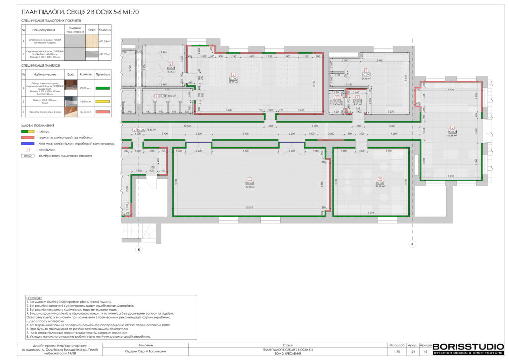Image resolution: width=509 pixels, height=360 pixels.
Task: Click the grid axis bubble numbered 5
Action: click(x=139, y=250)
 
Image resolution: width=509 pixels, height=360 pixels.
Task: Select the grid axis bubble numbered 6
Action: click(x=412, y=244)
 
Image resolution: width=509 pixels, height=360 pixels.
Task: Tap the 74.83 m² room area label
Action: click(x=250, y=187)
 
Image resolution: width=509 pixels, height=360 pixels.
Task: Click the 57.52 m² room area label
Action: click(x=233, y=83)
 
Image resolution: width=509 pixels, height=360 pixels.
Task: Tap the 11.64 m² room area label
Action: click(x=170, y=72)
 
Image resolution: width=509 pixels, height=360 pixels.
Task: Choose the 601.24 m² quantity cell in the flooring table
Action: click(x=105, y=42)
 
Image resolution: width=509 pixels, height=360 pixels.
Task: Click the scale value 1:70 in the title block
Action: click(x=397, y=352)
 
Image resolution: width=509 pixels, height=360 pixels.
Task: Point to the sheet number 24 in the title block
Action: click(x=413, y=352)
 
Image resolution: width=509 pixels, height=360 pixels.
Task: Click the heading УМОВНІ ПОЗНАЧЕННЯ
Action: click(x=38, y=126)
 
